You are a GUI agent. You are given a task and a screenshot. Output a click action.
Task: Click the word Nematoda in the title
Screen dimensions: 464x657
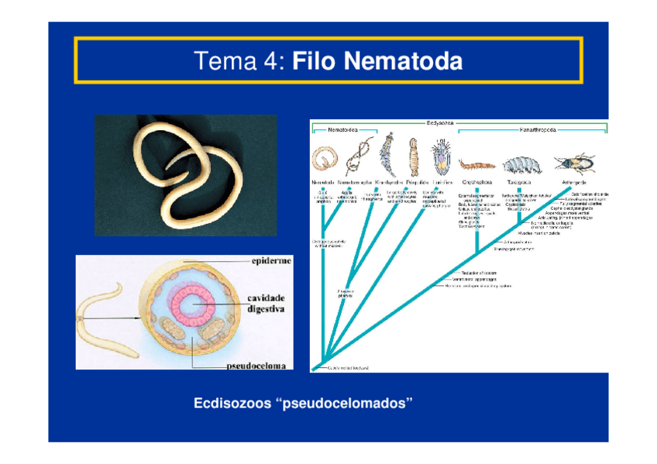(403, 60)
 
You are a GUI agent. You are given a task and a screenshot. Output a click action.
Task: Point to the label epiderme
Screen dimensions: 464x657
(271, 261)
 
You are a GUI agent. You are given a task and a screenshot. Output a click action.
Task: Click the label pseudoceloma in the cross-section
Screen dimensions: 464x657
(256, 364)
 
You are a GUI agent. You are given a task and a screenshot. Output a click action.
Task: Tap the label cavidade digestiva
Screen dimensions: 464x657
(266, 303)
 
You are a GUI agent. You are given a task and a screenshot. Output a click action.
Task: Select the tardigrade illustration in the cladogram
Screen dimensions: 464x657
(521, 163)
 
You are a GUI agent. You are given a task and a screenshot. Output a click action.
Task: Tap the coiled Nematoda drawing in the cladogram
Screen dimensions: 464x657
(323, 160)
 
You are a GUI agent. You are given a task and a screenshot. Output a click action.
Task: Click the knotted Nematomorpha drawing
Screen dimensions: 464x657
(356, 159)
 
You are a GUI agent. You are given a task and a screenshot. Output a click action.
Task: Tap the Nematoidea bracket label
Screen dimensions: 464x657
(342, 130)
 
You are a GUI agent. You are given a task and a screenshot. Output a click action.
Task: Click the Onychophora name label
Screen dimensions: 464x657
(473, 183)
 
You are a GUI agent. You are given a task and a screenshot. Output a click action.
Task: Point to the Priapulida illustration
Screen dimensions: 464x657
(413, 157)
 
